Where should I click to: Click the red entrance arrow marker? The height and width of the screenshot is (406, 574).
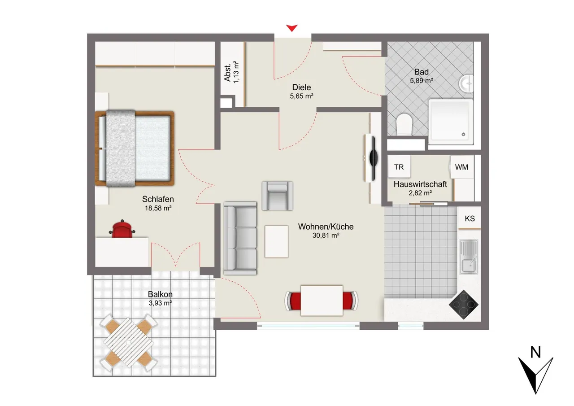click(291, 28)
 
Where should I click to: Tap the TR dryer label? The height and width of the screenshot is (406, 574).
click(399, 167)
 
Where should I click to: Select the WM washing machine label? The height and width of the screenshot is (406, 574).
click(461, 167)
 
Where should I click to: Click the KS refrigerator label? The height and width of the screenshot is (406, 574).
click(470, 218)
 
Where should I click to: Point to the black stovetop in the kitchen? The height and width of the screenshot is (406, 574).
click(464, 305)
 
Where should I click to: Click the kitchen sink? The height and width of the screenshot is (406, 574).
click(469, 257)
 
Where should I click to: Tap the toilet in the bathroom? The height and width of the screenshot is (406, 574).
click(404, 124)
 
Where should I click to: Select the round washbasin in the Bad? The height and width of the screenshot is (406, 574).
click(466, 83)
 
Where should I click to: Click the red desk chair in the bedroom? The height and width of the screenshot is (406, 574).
click(122, 229)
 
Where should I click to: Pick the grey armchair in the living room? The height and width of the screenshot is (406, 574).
click(278, 196)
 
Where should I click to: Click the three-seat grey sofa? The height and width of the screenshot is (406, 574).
click(240, 238)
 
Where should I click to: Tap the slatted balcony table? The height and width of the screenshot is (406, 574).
click(128, 343)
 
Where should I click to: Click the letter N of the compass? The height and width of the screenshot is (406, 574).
click(535, 352)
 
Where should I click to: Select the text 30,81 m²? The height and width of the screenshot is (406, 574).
click(326, 235)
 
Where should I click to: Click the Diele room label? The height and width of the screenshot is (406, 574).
click(302, 87)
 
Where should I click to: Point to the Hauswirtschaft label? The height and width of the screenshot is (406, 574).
click(420, 184)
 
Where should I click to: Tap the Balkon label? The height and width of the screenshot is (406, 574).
click(160, 294)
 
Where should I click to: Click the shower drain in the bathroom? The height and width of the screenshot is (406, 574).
click(463, 134)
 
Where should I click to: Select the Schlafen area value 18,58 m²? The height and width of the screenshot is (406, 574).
click(158, 208)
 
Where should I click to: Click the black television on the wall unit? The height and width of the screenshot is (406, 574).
click(374, 158)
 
